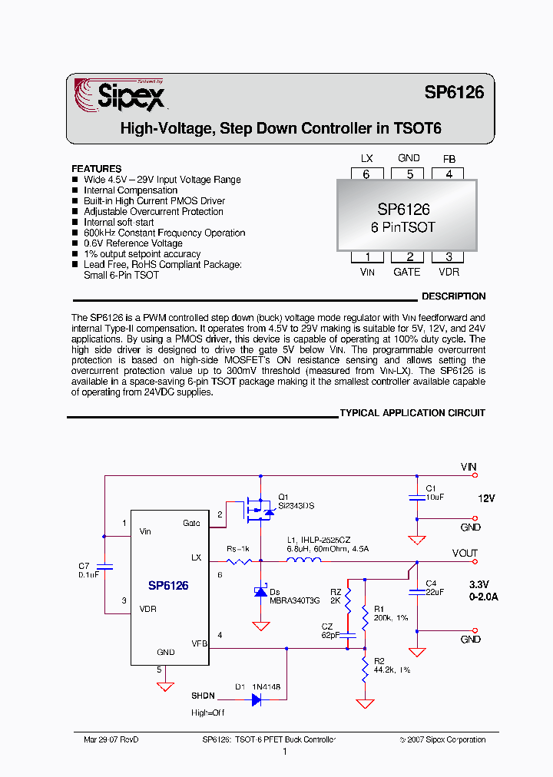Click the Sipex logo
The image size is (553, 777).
coord(119,97)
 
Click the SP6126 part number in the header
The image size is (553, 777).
coord(454,92)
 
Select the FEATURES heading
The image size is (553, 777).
coord(96,169)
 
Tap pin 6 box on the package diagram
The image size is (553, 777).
coord(366,174)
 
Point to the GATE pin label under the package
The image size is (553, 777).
coord(407,272)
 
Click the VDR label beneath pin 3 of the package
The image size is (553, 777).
coord(449,272)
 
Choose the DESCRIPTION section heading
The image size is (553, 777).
coord(453,296)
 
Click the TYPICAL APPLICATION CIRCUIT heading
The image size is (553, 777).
coord(412,413)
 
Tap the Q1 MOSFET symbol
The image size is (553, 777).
coord(259,508)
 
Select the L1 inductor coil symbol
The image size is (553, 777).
coord(304,560)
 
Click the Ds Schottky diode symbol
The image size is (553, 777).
coord(260,592)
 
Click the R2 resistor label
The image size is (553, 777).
coord(379,661)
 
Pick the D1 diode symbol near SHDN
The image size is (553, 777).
coord(257,699)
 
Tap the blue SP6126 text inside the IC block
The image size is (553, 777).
coord(168,585)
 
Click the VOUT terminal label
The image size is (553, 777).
coord(465,553)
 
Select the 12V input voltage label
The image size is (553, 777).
coord(486,498)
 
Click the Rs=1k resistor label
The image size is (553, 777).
coord(237,549)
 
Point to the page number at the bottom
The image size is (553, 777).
coord(284,752)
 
